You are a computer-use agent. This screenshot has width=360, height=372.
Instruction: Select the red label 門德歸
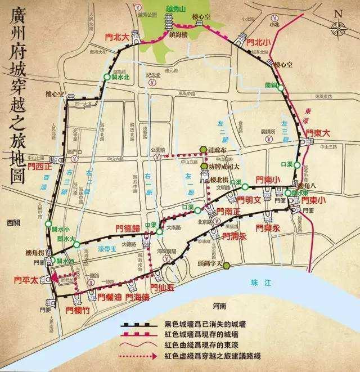coord(127,228)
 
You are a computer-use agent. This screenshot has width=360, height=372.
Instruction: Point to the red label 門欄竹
coord(77,309)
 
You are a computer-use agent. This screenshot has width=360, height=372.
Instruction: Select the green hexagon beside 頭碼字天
coord(226,266)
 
